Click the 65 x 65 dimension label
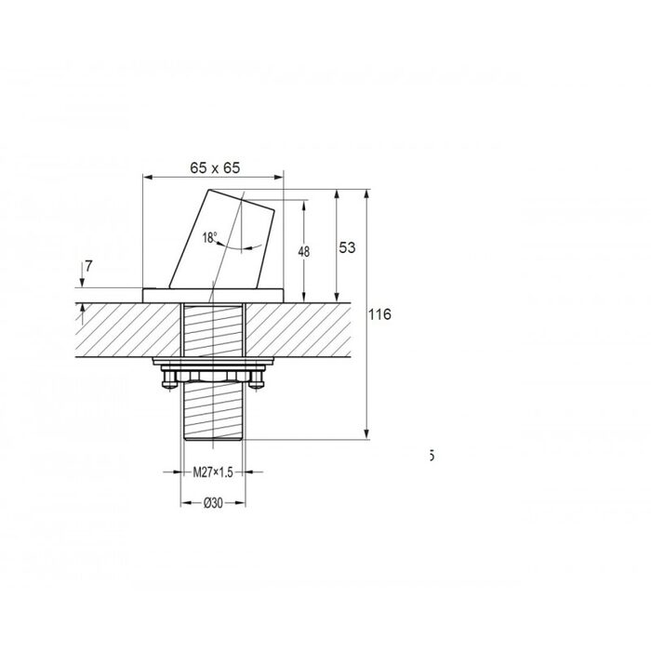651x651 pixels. pyautogui.click(x=215, y=167)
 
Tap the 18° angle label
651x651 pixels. pyautogui.click(x=209, y=237)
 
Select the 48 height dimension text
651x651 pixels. pyautogui.click(x=304, y=252)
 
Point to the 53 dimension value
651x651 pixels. pyautogui.click(x=347, y=247)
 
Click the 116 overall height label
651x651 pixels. pyautogui.click(x=379, y=314)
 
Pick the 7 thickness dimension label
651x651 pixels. pyautogui.click(x=88, y=266)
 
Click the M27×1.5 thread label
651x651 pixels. pyautogui.click(x=213, y=472)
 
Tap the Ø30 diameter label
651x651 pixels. pyautogui.click(x=213, y=503)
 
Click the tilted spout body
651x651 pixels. pyautogui.click(x=221, y=241)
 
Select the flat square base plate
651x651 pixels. pyautogui.click(x=213, y=295)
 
